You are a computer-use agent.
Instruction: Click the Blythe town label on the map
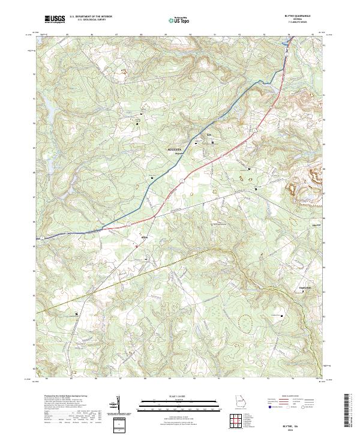pyautogui.click(x=143, y=237)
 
